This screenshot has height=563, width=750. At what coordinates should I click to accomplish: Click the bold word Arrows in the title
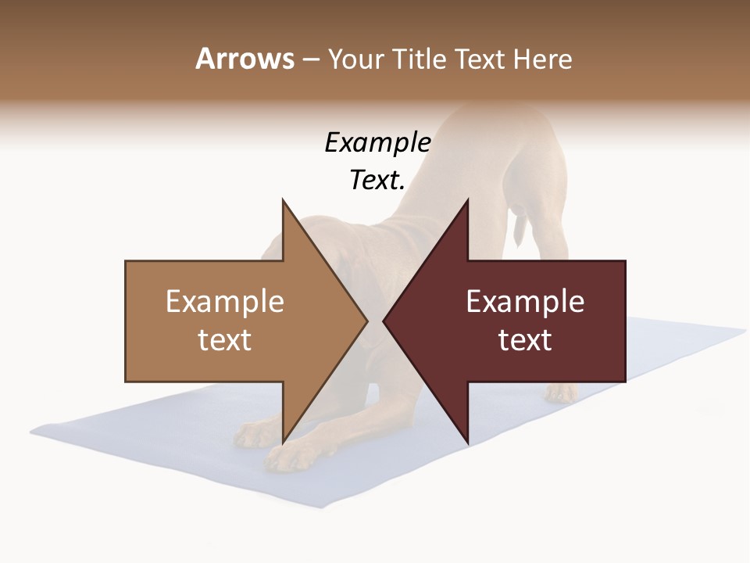point(245,59)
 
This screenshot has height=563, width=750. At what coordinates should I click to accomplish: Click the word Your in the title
point(356,59)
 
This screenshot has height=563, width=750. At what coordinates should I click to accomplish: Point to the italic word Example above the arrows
point(377,142)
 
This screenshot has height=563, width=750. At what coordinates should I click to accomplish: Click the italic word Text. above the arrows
point(377,180)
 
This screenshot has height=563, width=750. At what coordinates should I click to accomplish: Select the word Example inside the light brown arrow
point(225,301)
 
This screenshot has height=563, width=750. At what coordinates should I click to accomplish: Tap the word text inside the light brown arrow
point(225,339)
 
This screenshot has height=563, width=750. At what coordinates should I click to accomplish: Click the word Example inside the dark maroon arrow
point(525,301)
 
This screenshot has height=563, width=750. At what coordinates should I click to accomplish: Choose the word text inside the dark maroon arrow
point(525,339)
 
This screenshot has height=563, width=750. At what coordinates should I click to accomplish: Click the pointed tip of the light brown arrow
point(367,321)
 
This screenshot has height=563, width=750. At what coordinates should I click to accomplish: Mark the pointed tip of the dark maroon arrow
point(384,321)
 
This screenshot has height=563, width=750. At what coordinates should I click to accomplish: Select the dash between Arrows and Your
point(310,60)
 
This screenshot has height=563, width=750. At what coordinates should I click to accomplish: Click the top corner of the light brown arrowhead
point(283,200)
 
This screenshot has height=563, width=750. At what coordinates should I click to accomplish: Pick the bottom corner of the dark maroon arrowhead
point(467,443)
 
